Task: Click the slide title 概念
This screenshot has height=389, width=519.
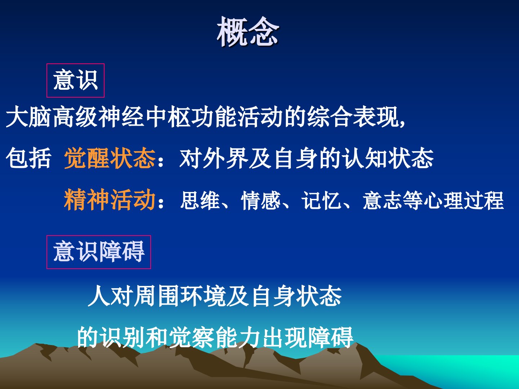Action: coord(248,31)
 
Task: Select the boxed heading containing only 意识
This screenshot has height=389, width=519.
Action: coord(75,80)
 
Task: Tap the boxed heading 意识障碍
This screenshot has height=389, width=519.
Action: coord(99,252)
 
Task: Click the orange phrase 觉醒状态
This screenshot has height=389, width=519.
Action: coord(110,158)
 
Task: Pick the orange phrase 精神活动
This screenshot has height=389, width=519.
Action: coord(110,200)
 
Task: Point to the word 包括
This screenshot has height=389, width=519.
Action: coord(28,158)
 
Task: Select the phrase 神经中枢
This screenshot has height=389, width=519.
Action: coord(143,117)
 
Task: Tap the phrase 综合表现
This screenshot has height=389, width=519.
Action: coord(352,117)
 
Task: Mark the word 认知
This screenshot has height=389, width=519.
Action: coord(365,158)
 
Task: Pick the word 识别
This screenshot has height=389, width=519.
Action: coord(122,337)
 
